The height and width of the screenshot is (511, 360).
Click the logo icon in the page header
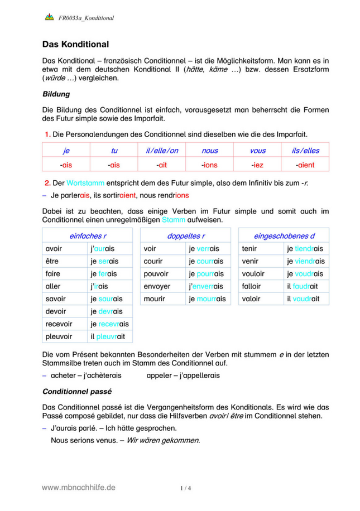pos(49,17)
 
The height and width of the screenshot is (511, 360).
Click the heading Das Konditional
pos(75,44)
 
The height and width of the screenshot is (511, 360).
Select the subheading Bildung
pos(56,94)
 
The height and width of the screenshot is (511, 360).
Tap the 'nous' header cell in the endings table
pos(210,150)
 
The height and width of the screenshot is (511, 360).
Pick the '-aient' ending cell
pos(305,165)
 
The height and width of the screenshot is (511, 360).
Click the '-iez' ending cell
pos(257,165)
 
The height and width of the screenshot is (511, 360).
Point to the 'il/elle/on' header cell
pos(162,150)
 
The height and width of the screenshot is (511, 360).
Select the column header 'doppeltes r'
pos(186,236)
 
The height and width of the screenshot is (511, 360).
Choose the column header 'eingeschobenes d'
pos(284,236)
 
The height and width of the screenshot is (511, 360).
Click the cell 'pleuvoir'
pos(59,336)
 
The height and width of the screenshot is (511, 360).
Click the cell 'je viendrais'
pos(305,261)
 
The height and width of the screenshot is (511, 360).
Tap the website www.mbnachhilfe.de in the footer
pos(79,487)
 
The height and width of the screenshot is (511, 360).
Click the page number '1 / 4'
pos(186,488)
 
